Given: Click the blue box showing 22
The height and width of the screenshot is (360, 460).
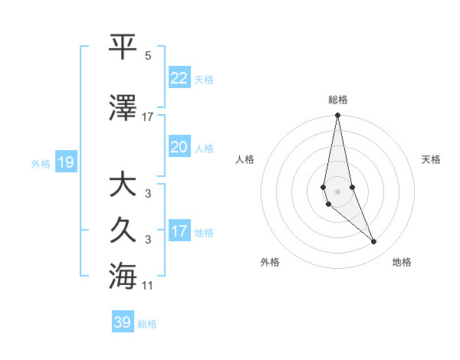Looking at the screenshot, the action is (179, 78).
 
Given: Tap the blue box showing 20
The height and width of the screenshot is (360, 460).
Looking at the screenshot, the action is (179, 147).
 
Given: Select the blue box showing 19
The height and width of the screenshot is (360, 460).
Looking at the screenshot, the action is (66, 162).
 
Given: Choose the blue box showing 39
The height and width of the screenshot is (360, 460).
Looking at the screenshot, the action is (123, 322).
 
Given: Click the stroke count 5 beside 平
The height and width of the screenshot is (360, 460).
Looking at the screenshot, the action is (148, 56).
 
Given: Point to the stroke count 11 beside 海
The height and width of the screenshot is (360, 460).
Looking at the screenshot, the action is (148, 286).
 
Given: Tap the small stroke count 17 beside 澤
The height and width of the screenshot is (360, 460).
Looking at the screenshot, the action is (148, 116).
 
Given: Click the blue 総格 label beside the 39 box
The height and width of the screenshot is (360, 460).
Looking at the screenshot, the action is (147, 324).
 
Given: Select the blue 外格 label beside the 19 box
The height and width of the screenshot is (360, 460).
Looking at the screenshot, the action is (41, 164).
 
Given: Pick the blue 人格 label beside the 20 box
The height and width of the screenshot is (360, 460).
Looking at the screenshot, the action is (204, 149).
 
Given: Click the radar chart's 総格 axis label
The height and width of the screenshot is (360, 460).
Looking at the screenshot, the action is (338, 100).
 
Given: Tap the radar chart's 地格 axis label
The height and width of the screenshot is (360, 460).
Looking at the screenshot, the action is (402, 262).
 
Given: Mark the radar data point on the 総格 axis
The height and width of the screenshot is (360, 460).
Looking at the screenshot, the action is (338, 116).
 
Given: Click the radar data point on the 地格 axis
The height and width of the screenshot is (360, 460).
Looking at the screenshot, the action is (374, 242).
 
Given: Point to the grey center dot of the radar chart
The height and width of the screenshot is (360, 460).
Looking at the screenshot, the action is (338, 191).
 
